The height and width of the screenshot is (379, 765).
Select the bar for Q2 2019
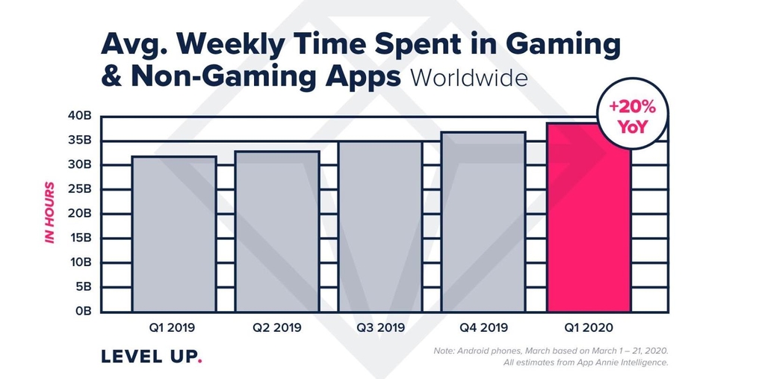(277, 232)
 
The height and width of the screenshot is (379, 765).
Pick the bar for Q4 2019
(485, 222)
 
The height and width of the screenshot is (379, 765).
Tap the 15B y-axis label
(79, 238)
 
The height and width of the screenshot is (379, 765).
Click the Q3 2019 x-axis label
(381, 327)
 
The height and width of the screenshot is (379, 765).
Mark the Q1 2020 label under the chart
(589, 327)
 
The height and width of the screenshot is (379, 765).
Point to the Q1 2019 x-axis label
(173, 327)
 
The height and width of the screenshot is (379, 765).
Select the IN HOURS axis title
(50, 212)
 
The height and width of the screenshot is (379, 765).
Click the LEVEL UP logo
(149, 357)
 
